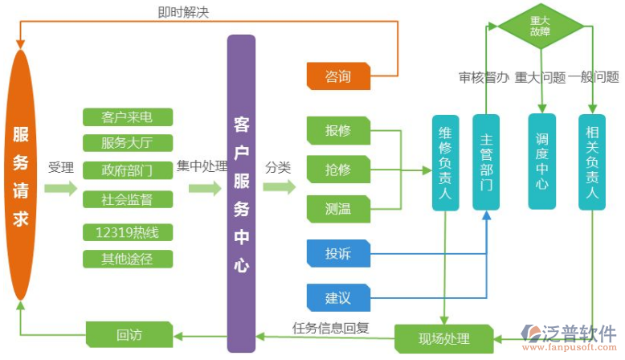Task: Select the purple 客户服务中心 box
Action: click(x=241, y=194)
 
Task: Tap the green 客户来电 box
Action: click(x=128, y=117)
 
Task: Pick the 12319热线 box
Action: click(x=128, y=233)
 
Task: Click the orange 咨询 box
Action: click(x=338, y=77)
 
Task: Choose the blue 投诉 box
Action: click(x=338, y=254)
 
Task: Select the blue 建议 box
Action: click(x=338, y=298)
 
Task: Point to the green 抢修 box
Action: click(x=338, y=170)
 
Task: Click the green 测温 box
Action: click(x=338, y=209)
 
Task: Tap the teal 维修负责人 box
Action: click(x=445, y=162)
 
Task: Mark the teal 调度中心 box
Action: click(x=542, y=162)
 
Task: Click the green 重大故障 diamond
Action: click(x=541, y=26)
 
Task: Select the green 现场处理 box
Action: click(x=444, y=338)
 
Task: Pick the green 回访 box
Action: click(x=129, y=334)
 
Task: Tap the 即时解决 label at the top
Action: click(x=183, y=12)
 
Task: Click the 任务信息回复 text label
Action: click(x=331, y=327)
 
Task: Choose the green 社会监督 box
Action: click(x=128, y=198)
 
